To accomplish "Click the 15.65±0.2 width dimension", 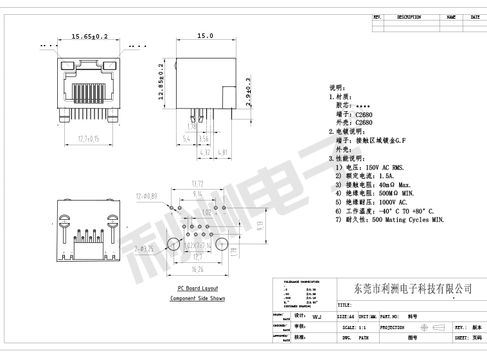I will pyautogui.click(x=89, y=37).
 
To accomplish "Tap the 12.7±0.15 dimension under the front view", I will pyautogui.click(x=89, y=138).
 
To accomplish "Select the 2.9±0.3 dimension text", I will pyautogui.click(x=249, y=91).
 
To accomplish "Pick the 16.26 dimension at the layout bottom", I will pyautogui.click(x=197, y=270).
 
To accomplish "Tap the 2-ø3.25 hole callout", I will pyautogui.click(x=145, y=248).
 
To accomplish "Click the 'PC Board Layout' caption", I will pyautogui.click(x=198, y=289).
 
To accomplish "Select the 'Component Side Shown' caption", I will pyautogui.click(x=197, y=298).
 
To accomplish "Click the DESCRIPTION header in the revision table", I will pyautogui.click(x=409, y=17).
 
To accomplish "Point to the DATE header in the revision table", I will pyautogui.click(x=475, y=17).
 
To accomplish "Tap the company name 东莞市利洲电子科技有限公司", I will pyautogui.click(x=413, y=289).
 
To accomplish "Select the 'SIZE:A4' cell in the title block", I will pyautogui.click(x=346, y=317).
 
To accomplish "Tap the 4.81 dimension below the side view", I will pyautogui.click(x=223, y=152).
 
